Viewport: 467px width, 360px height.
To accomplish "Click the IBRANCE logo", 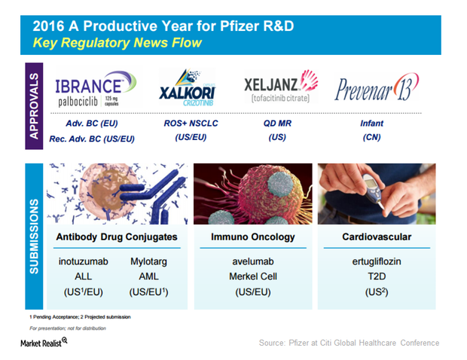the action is (96, 88).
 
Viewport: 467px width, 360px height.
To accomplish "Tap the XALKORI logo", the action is (187, 87).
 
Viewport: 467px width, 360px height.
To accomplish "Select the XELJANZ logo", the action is (281, 86).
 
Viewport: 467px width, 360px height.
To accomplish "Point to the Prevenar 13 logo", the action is (377, 87).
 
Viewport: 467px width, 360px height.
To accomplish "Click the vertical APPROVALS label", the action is (34, 106).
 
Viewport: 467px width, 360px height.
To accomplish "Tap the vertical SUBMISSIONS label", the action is (34, 236).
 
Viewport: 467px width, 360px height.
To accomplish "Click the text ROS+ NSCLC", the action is (191, 124).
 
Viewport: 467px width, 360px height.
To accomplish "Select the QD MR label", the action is (277, 124).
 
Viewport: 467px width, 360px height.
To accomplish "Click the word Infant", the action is (371, 124).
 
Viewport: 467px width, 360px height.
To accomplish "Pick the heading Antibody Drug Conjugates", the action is (117, 237).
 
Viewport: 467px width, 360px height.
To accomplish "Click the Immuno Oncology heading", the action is (253, 237).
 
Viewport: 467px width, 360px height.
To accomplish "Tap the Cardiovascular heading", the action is (377, 237).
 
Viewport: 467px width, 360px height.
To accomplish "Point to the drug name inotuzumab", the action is (84, 261).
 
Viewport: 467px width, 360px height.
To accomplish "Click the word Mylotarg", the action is (148, 262).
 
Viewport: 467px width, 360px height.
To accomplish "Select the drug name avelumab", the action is (253, 261).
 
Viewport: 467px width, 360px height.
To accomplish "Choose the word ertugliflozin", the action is (377, 262).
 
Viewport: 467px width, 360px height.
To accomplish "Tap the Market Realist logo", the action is (44, 343).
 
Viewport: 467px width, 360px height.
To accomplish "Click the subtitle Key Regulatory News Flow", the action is (117, 43).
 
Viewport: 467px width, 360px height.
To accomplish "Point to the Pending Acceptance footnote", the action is (54, 317).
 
